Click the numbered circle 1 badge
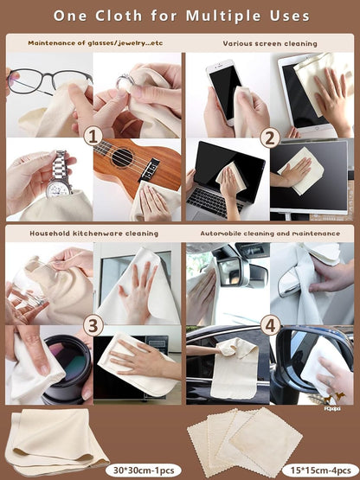point(93,138)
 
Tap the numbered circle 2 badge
point(270,138)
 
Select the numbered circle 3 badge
point(93,325)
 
